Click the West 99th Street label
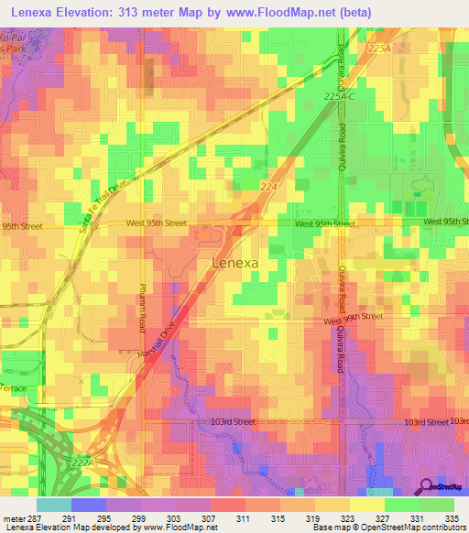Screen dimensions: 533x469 354,316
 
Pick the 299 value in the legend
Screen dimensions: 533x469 140,517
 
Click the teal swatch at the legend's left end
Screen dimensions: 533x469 53,505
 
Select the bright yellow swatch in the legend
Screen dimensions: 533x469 365,505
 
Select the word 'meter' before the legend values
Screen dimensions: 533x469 13,517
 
